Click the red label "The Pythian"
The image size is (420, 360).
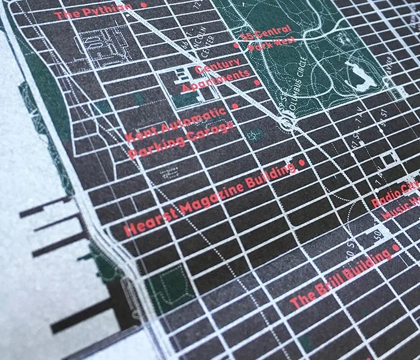[93, 11]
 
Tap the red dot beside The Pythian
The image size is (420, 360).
[144, 5]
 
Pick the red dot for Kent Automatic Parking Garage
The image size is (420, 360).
[235, 106]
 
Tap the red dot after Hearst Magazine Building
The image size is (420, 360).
[301, 163]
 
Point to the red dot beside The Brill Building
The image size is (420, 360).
[395, 247]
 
